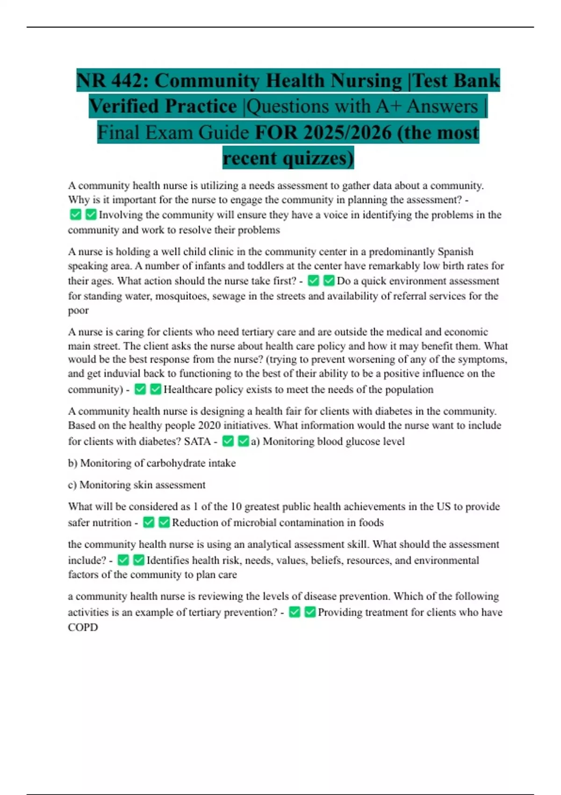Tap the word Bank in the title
(x=476, y=81)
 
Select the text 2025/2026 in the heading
(x=346, y=132)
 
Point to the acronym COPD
(x=83, y=628)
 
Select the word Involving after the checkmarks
(x=120, y=215)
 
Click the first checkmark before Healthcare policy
(x=140, y=389)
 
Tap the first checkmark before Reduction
(x=149, y=522)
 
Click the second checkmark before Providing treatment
(x=309, y=612)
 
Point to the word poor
(x=78, y=311)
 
